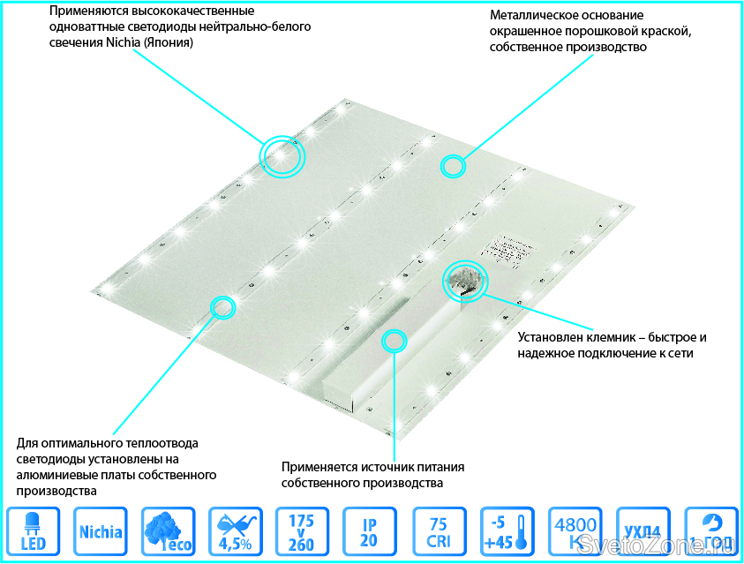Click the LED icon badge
[x=33, y=532]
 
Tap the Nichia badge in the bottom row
[x=101, y=532]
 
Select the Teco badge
[x=168, y=532]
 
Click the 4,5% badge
[x=235, y=532]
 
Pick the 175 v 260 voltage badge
[x=302, y=532]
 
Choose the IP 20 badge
[x=369, y=532]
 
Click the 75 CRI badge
[x=438, y=532]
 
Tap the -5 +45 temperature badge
[x=506, y=532]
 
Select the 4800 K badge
[x=575, y=532]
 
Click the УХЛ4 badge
[x=643, y=532]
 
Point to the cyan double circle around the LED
[x=282, y=155]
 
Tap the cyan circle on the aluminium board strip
[x=222, y=307]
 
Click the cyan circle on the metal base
[x=454, y=165]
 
